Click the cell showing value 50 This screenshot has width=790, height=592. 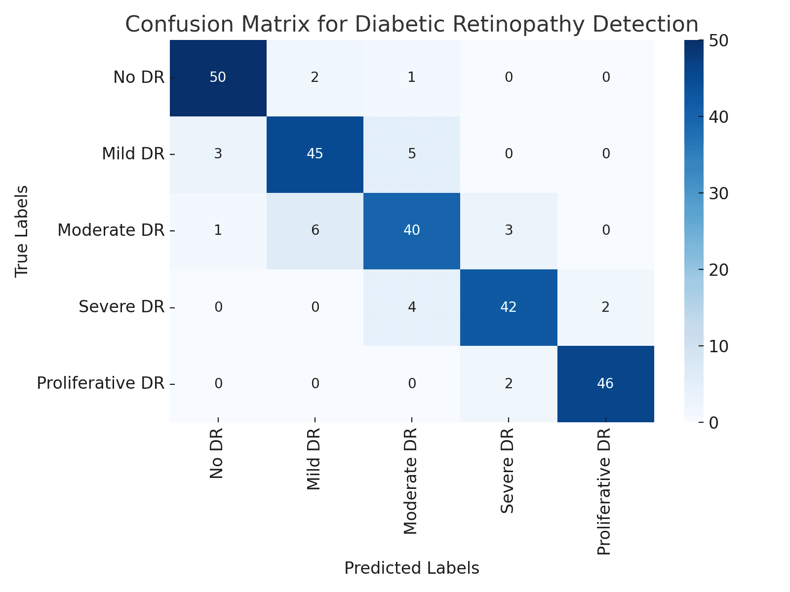tap(218, 77)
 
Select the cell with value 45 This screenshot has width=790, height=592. tap(315, 154)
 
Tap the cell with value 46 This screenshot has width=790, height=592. tap(605, 383)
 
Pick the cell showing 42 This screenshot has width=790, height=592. tap(508, 307)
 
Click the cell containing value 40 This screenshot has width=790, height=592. tap(411, 230)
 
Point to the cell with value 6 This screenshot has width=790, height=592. tap(315, 230)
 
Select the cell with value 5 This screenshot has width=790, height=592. tap(411, 154)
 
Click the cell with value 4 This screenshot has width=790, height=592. tap(411, 307)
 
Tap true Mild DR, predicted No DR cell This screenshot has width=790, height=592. tap(218, 154)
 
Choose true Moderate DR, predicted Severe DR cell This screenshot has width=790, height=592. tap(508, 230)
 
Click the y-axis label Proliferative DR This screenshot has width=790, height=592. tap(100, 383)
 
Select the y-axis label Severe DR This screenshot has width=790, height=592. tap(121, 307)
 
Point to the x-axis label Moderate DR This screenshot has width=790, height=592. tap(411, 481)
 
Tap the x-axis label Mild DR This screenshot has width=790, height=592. tap(314, 459)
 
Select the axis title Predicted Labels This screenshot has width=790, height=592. tap(411, 568)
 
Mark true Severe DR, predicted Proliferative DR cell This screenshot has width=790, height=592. tap(605, 307)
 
